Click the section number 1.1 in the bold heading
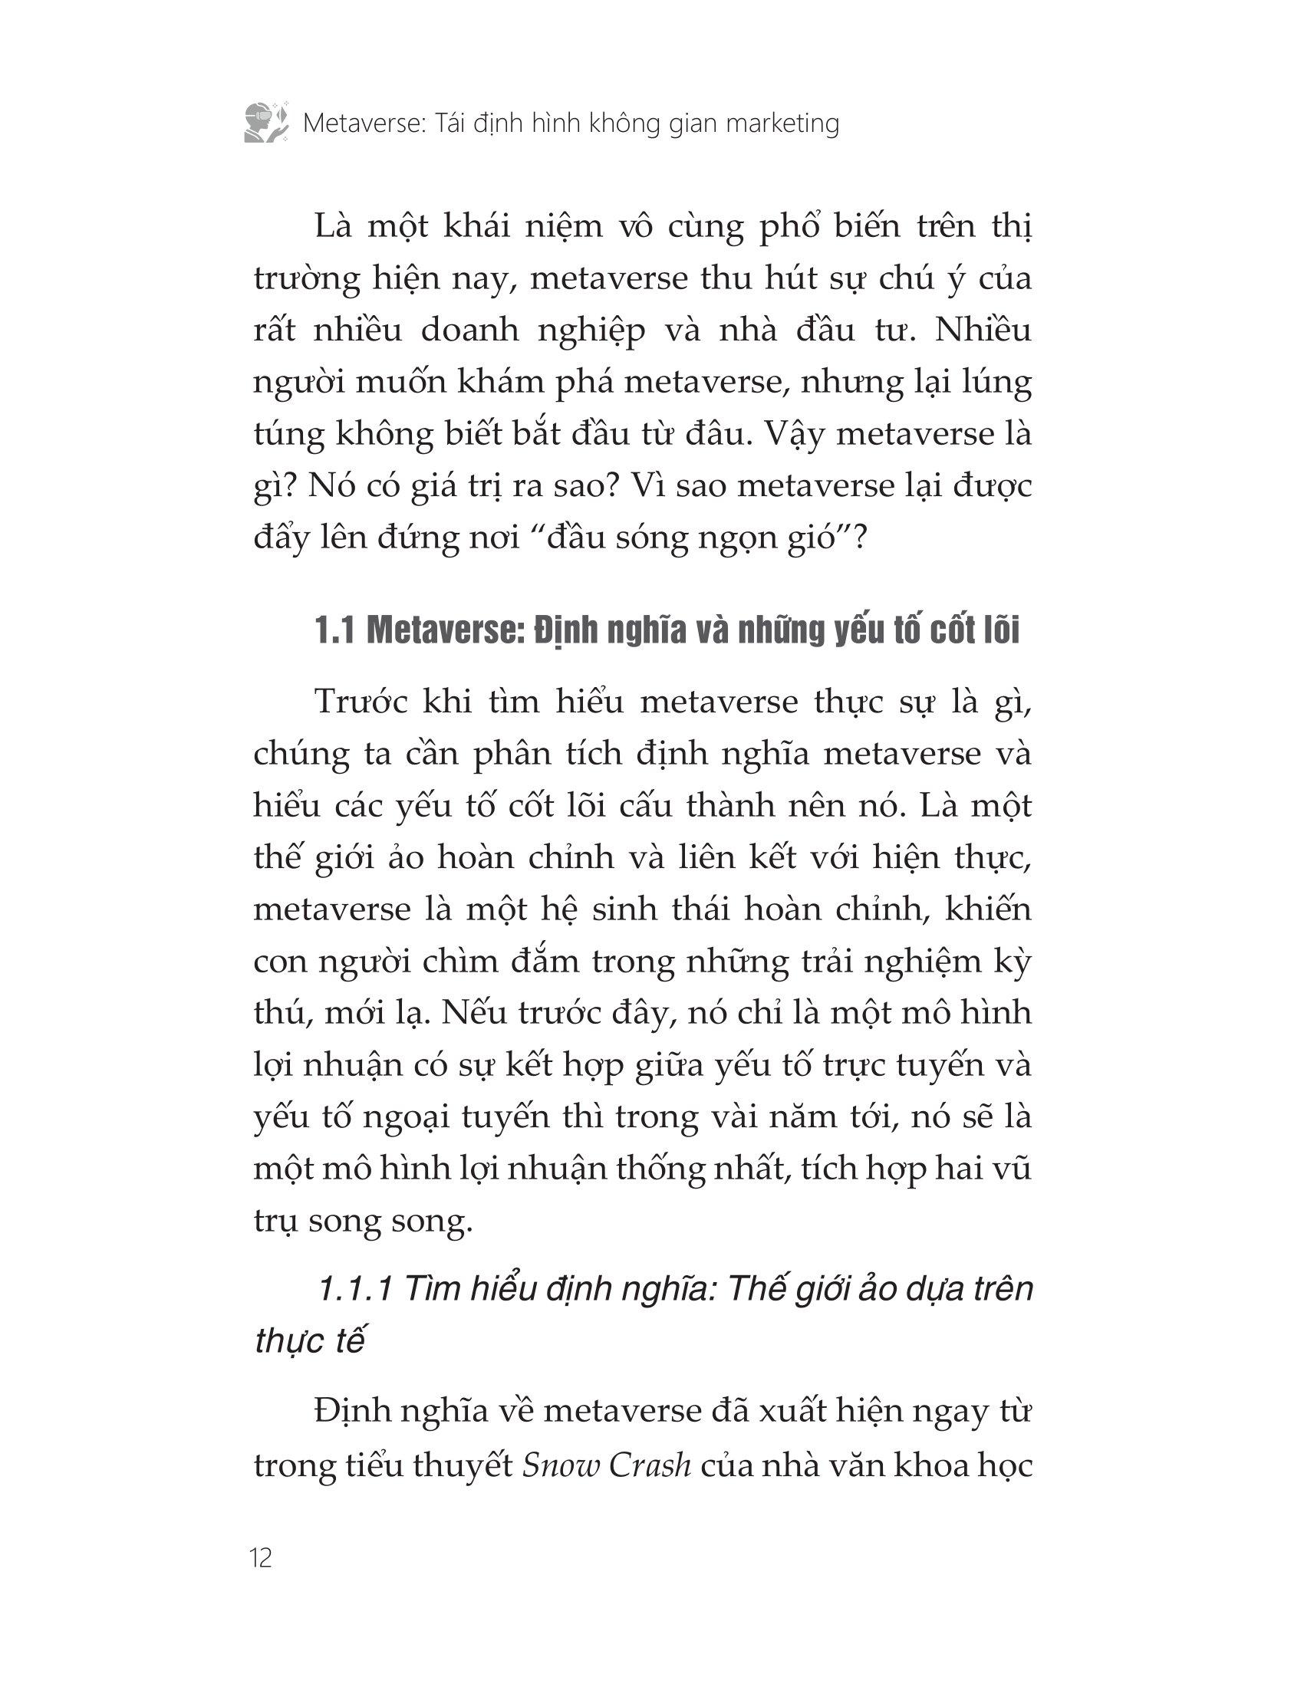tap(334, 631)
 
